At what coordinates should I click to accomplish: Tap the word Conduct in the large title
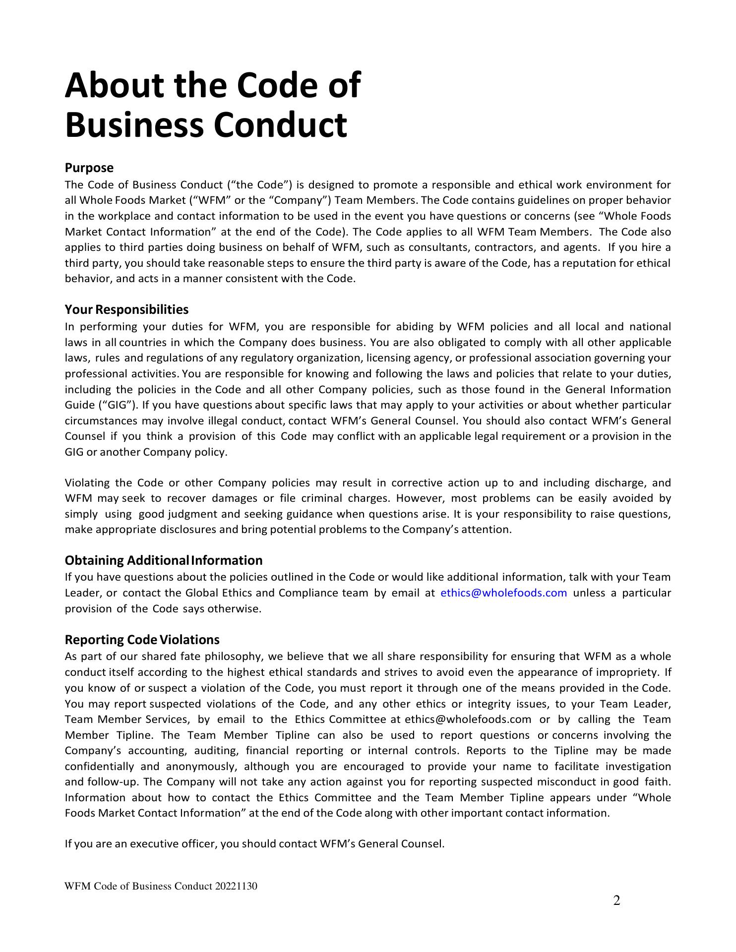280,125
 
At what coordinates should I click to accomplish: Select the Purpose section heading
89,168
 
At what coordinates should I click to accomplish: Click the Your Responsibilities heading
126,309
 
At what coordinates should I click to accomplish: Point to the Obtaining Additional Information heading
164,560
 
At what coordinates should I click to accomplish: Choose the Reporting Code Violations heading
142,640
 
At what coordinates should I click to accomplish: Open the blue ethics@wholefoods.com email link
503,593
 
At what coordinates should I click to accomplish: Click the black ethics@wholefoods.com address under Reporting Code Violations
468,719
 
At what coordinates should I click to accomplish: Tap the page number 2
616,900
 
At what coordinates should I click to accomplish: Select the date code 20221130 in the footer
236,886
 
